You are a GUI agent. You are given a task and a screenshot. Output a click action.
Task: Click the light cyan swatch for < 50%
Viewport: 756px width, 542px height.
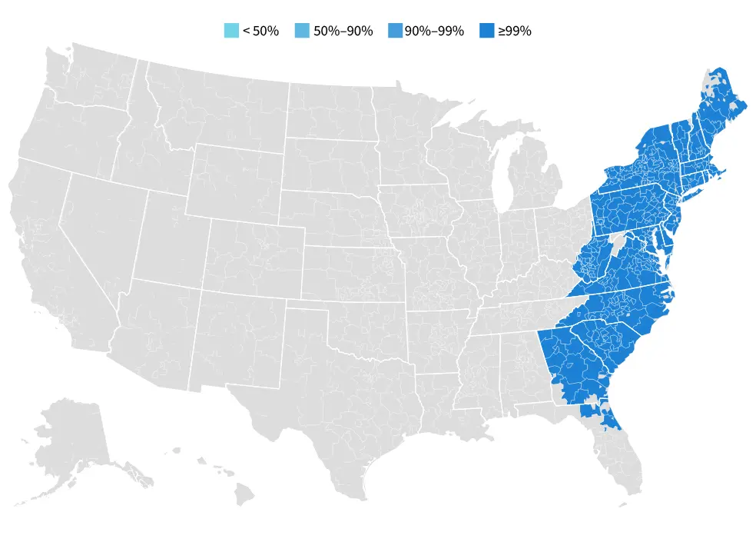click(231, 31)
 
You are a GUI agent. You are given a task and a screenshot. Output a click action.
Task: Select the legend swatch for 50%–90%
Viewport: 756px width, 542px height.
click(303, 31)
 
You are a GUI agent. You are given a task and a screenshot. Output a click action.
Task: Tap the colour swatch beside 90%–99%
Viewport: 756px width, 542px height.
click(395, 31)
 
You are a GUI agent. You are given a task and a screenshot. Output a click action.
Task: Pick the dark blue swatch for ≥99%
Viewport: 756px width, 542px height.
click(487, 31)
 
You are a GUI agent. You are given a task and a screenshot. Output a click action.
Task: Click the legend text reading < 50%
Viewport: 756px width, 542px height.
click(260, 31)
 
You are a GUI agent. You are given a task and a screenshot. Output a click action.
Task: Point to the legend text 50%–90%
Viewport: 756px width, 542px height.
click(343, 31)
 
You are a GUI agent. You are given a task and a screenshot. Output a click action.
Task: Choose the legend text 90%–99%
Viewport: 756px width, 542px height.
click(434, 31)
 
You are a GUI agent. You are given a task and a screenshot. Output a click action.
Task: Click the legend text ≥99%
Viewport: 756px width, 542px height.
click(514, 31)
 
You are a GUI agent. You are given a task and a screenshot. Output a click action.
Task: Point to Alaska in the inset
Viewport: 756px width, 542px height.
click(73, 438)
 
